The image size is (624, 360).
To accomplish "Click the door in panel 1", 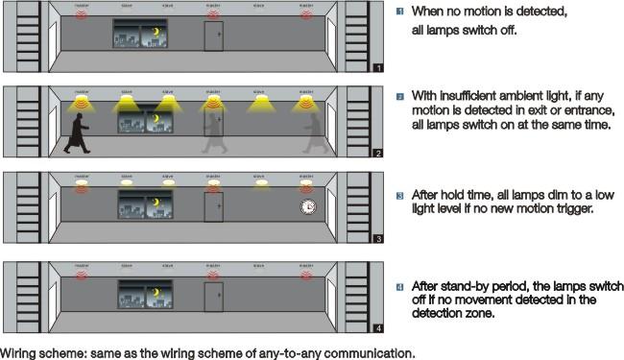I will click(213, 36).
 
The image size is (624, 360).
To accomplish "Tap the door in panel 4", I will click(213, 297).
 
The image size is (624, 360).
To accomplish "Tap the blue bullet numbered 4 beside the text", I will click(400, 286).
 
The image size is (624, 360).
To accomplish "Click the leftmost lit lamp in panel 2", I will click(81, 99).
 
